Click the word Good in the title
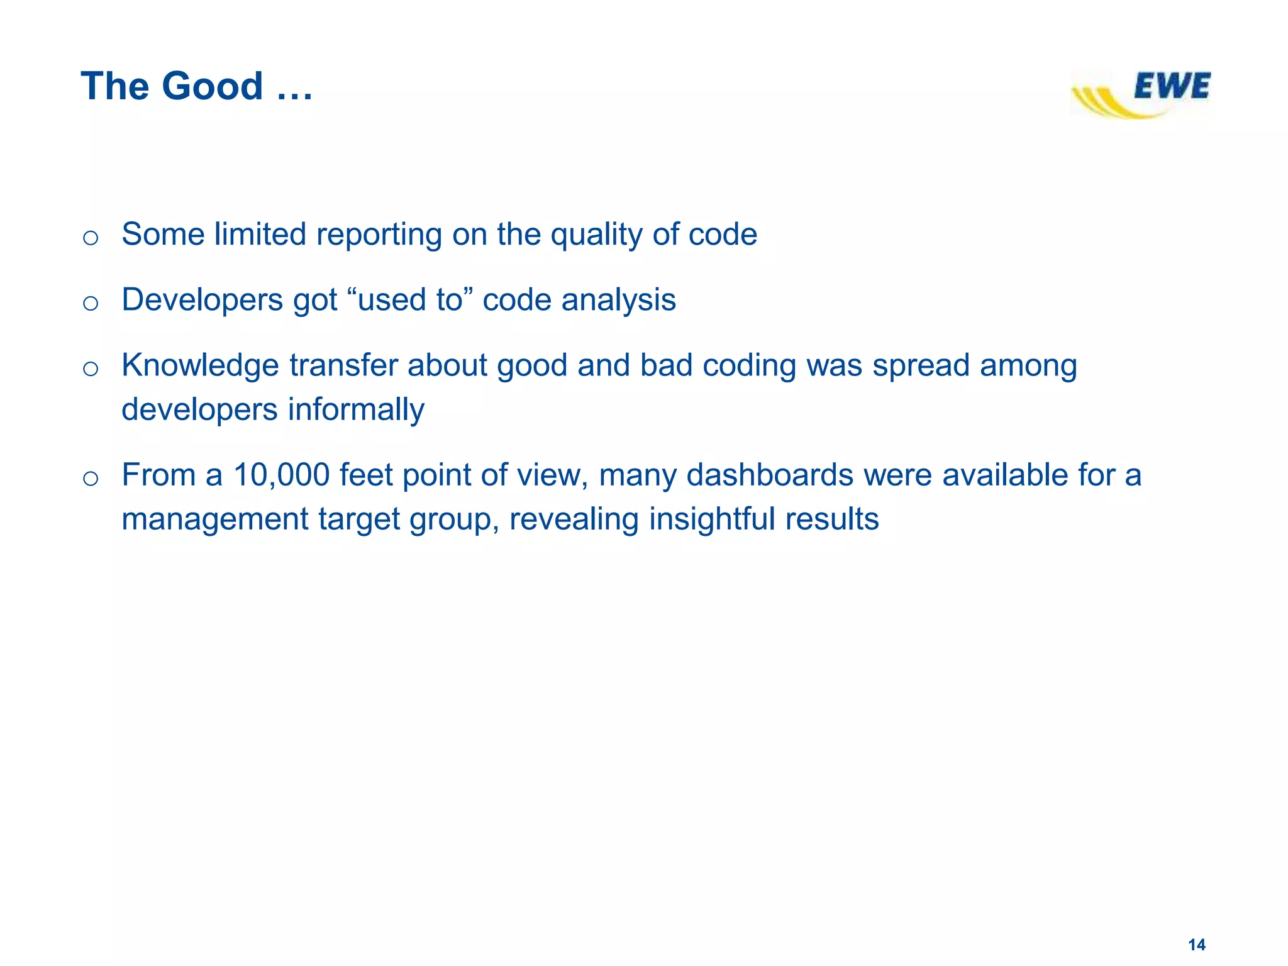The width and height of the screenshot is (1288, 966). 212,86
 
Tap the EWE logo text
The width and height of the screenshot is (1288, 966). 1172,86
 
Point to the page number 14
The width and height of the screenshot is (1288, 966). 1196,945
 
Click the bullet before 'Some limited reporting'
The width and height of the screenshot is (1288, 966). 91,238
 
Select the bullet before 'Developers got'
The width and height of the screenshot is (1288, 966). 91,303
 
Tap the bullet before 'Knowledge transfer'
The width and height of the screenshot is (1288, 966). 91,369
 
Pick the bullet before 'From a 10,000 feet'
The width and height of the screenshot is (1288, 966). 91,479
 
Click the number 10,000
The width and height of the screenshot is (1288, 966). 281,475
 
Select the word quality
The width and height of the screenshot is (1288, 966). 596,235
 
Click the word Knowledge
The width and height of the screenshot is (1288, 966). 200,365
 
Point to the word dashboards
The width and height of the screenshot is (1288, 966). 769,475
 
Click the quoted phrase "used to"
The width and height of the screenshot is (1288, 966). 409,300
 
